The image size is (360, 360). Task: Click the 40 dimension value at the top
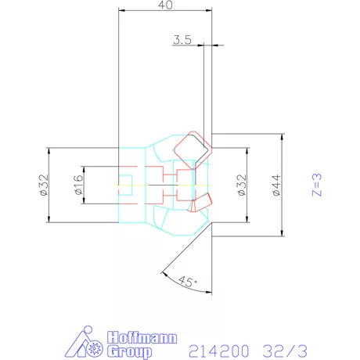click(165, 5)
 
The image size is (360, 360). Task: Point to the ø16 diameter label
click(77, 185)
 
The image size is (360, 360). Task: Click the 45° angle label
click(186, 281)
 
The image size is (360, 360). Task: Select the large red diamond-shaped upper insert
click(191, 147)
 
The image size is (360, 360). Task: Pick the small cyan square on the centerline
click(125, 185)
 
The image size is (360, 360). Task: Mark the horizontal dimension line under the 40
click(165, 10)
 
